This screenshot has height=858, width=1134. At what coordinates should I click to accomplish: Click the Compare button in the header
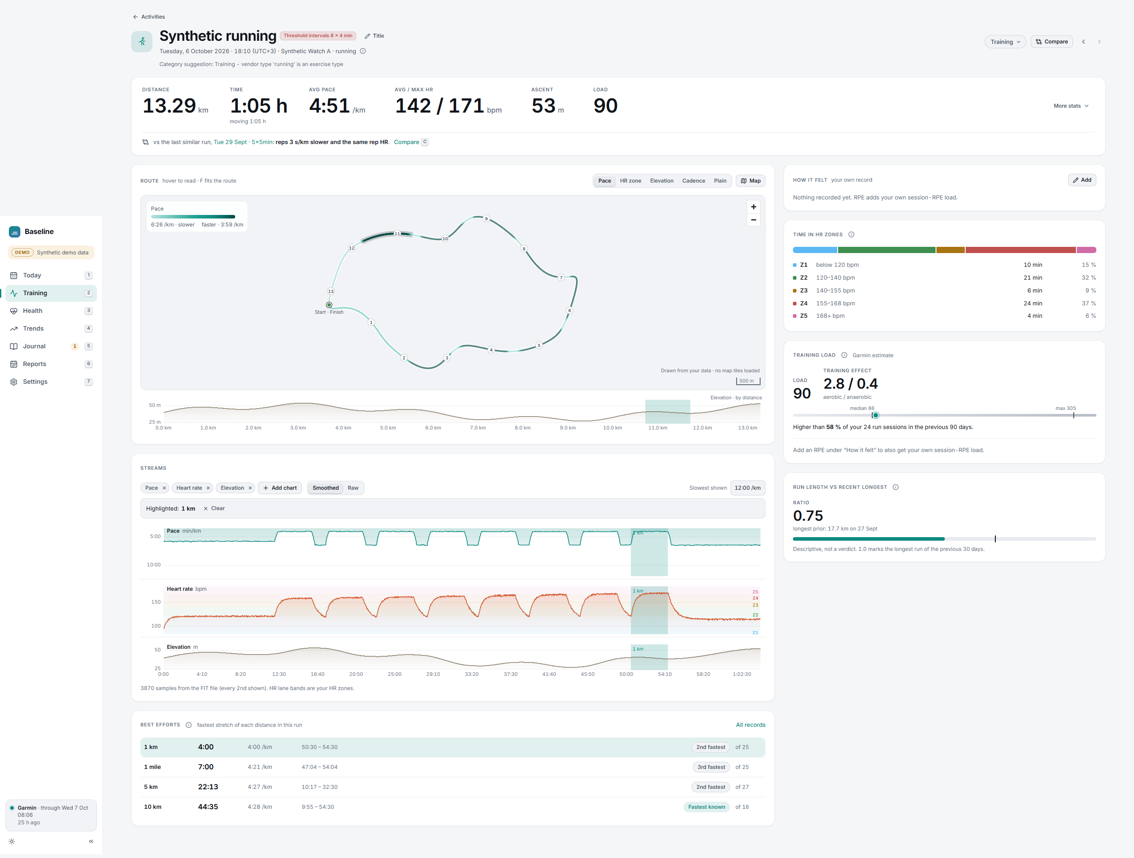click(1052, 42)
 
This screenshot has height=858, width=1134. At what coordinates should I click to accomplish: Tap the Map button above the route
click(750, 180)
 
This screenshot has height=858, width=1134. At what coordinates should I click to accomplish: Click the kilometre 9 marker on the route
click(486, 218)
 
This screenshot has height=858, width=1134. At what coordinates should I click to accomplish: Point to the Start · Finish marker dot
click(329, 304)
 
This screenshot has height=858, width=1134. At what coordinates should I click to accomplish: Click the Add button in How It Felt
click(1082, 180)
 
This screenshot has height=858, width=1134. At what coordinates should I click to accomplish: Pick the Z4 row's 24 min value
click(1033, 303)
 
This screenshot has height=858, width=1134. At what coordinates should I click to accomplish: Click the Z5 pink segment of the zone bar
click(1086, 250)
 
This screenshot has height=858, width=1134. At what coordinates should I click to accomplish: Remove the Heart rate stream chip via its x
click(208, 487)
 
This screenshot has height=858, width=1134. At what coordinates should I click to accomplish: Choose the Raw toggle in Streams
click(353, 487)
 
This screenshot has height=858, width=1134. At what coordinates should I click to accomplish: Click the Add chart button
click(280, 487)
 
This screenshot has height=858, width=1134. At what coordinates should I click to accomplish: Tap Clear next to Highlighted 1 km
click(214, 508)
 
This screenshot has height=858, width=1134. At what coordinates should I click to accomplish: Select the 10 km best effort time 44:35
click(208, 807)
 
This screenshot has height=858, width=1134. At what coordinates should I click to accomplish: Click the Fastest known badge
click(707, 807)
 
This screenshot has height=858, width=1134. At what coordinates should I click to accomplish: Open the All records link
click(750, 725)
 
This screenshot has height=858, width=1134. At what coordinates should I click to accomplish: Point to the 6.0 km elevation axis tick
click(433, 428)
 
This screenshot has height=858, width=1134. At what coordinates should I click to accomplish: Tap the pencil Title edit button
click(374, 36)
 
